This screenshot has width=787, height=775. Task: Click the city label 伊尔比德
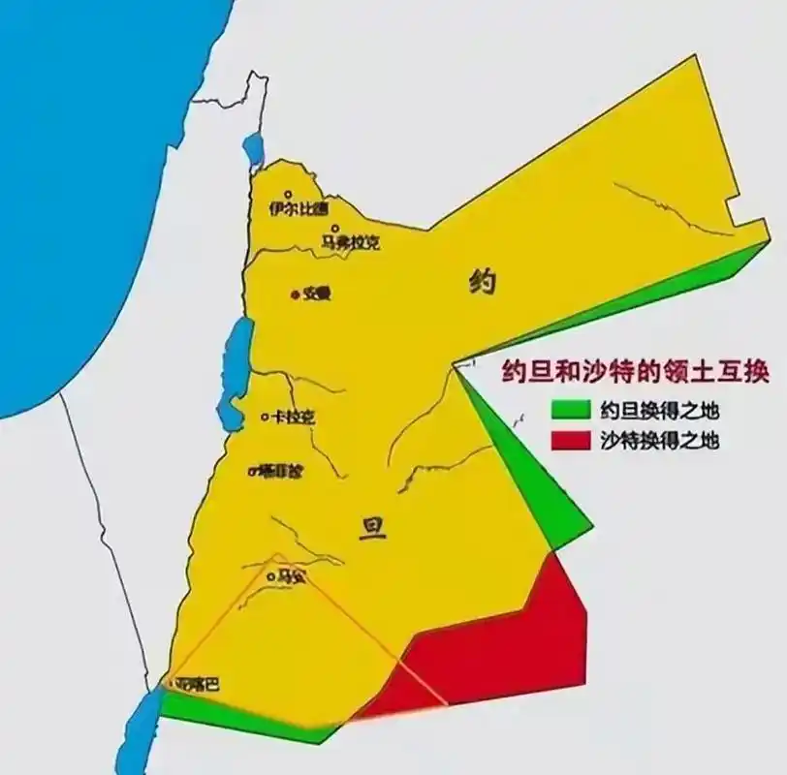click(299, 207)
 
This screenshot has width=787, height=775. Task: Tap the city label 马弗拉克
click(351, 243)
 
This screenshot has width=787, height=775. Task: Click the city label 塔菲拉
click(279, 471)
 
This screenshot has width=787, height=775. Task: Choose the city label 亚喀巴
click(199, 684)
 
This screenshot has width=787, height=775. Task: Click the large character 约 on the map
click(482, 282)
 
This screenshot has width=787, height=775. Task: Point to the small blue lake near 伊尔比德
click(254, 148)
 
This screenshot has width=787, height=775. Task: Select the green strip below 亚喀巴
click(242, 714)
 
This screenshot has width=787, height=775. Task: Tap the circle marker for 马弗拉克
click(332, 230)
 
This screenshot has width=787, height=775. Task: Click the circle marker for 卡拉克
click(266, 418)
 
